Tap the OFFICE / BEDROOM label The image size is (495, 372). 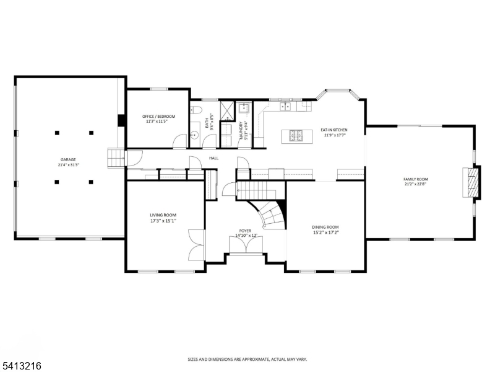(x=159, y=117)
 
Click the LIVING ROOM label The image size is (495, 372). (x=163, y=215)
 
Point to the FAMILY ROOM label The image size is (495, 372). (x=415, y=179)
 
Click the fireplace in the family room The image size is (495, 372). (x=473, y=182)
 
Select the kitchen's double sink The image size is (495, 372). (x=286, y=107)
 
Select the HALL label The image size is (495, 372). (x=213, y=158)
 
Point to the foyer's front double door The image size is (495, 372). (x=246, y=246)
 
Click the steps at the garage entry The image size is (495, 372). (x=116, y=157)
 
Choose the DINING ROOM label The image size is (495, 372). (x=325, y=227)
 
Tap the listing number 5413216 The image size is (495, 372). (x=20, y=366)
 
